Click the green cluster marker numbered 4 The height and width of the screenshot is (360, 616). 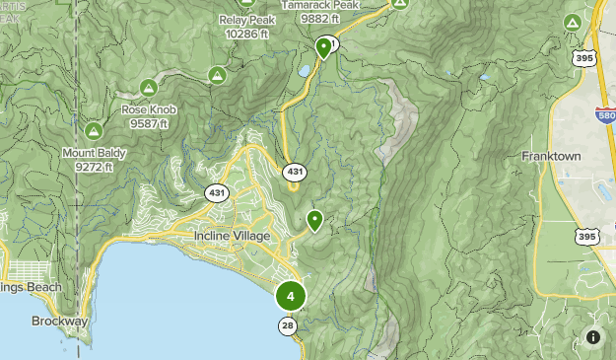290,296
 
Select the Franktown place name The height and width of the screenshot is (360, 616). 551,157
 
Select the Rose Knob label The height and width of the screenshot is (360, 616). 148,110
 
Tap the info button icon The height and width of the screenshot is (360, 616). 593,337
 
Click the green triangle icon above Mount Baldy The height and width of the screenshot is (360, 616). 94,130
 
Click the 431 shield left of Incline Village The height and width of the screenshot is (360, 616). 217,192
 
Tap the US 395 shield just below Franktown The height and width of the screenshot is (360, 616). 586,237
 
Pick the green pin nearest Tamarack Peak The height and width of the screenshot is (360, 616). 323,46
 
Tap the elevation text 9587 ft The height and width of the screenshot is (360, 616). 148,123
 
